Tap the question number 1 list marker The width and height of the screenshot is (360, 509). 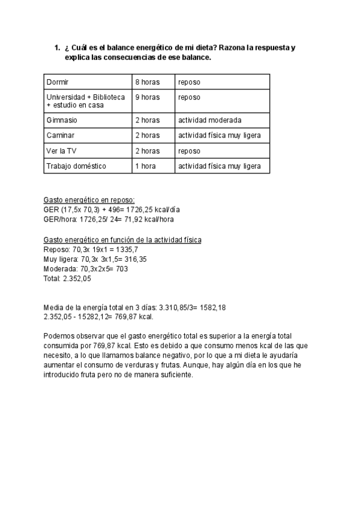[x=56, y=47]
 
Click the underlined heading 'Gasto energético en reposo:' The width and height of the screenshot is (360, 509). [x=89, y=200]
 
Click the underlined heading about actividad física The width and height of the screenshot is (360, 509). [x=122, y=239]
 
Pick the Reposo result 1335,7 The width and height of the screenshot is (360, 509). [x=127, y=249]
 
